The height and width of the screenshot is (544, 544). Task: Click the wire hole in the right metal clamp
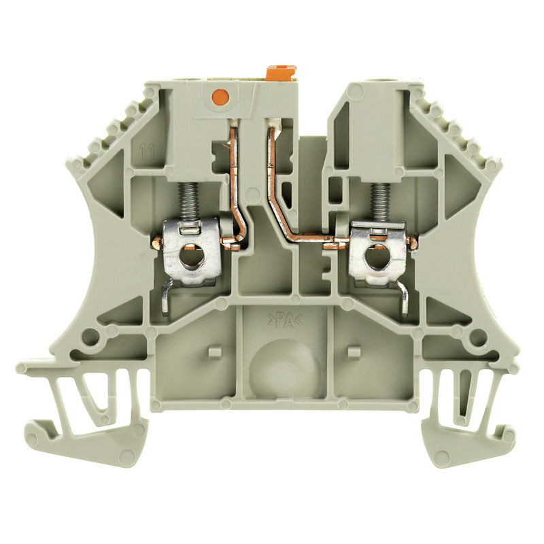pyautogui.click(x=373, y=258)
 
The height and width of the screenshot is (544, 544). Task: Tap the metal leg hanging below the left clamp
pyautogui.click(x=165, y=299)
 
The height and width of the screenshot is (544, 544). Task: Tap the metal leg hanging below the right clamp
pyautogui.click(x=405, y=299)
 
